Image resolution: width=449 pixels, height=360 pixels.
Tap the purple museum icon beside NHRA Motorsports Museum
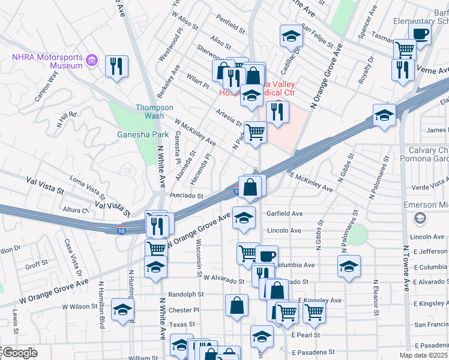coord(92,60)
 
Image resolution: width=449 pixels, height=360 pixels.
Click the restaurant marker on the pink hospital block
coord(277,112)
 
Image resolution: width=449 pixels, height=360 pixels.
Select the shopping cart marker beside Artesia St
coord(256,133)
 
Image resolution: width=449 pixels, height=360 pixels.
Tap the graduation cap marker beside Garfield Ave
coord(244,218)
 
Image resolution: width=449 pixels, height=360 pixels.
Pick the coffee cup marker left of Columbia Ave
coord(267,256)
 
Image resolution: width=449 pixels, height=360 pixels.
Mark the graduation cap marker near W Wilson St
coord(122,310)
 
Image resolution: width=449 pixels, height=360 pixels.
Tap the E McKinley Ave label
coord(311,182)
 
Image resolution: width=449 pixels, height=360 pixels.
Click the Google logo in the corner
coord(19,353)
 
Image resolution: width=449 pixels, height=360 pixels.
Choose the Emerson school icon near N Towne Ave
coord(420,218)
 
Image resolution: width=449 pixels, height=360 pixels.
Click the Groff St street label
coord(37,263)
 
